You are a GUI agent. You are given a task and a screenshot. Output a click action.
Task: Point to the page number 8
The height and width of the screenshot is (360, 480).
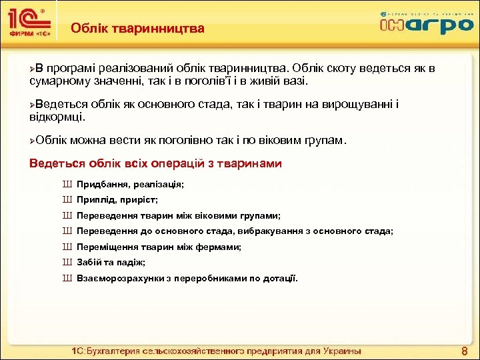point(464,351)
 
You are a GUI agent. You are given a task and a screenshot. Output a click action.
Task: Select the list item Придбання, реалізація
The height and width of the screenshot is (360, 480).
point(130,184)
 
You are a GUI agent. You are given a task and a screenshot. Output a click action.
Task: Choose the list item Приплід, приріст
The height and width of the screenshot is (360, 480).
point(117,200)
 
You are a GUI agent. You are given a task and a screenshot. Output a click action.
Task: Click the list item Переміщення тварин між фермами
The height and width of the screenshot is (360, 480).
point(159,247)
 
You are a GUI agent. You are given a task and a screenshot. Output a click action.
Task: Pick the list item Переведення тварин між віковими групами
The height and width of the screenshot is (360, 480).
point(179,216)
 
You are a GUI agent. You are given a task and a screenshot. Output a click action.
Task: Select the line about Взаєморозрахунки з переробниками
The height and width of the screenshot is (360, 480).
point(187,278)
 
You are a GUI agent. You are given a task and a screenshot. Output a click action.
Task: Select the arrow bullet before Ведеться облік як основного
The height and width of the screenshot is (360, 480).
point(34,105)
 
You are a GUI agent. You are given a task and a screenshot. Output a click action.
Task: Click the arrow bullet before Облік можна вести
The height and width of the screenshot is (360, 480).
point(34,141)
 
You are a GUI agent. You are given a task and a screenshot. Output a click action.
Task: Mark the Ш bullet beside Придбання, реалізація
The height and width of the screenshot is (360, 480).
point(67,184)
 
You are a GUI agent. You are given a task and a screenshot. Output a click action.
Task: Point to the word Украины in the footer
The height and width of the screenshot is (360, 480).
point(339,351)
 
